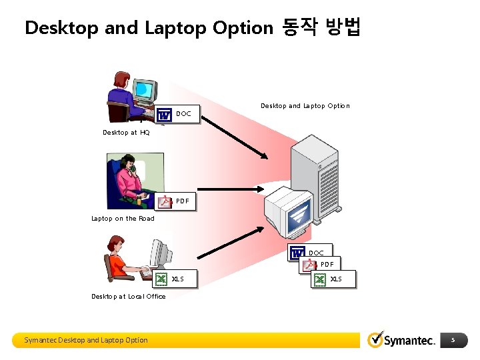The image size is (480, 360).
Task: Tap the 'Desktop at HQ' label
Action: pyautogui.click(x=126, y=133)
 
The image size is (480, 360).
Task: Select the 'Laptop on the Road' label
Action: pyautogui.click(x=123, y=219)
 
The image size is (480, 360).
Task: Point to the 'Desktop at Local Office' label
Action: pyautogui.click(x=129, y=297)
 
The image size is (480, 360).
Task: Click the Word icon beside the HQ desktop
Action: pyautogui.click(x=163, y=115)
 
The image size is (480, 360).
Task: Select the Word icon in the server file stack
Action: pyautogui.click(x=297, y=253)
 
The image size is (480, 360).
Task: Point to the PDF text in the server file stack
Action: pyautogui.click(x=327, y=265)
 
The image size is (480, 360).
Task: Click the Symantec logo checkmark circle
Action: pyautogui.click(x=376, y=340)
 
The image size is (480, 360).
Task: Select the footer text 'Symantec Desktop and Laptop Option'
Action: pyautogui.click(x=86, y=340)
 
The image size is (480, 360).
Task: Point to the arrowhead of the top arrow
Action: pyautogui.click(x=265, y=157)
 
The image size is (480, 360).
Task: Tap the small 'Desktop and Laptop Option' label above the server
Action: pyautogui.click(x=305, y=106)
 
